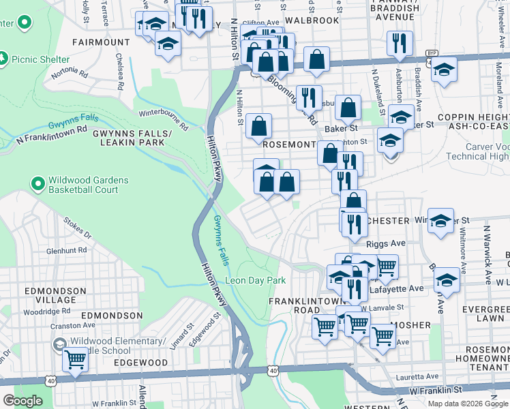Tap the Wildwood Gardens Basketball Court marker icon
(37, 183)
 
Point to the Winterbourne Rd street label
(163, 119)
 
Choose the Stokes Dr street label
(77, 226)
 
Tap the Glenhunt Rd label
(66, 250)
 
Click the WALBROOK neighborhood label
(312, 20)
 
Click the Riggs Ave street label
(385, 243)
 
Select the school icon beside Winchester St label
(441, 221)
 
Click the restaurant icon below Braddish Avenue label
(400, 43)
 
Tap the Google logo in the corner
(22, 401)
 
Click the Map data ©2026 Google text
(468, 403)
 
